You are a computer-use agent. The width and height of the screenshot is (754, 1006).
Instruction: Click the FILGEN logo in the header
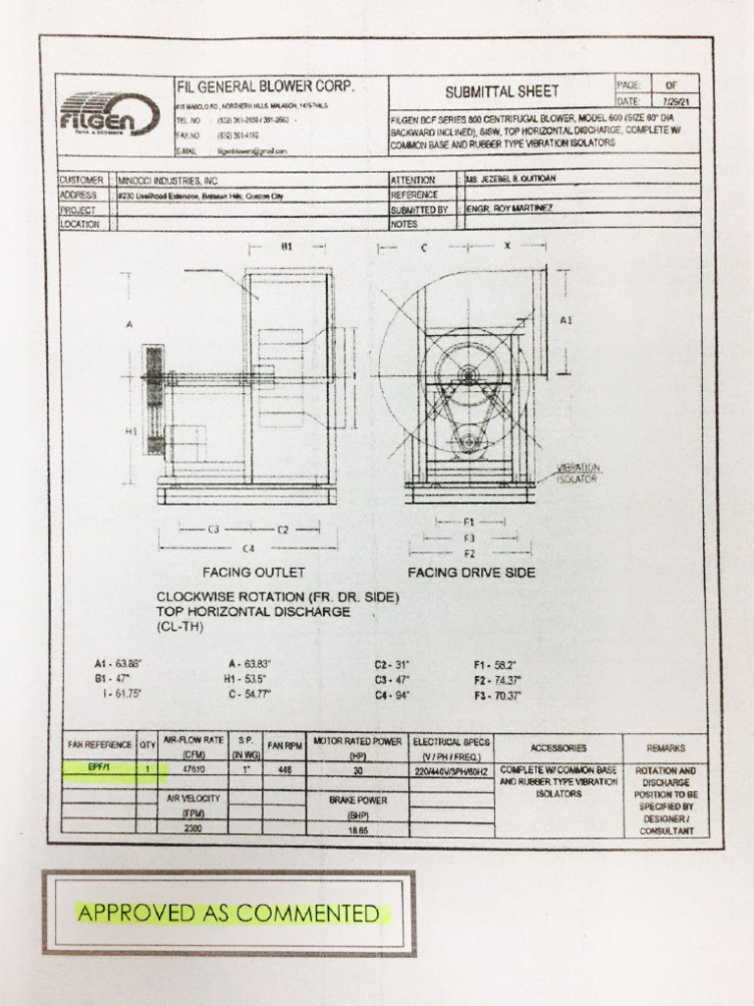(x=108, y=114)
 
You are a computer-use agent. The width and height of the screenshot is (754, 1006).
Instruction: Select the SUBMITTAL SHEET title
(x=501, y=92)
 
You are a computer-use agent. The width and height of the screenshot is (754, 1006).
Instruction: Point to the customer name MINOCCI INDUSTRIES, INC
(x=168, y=182)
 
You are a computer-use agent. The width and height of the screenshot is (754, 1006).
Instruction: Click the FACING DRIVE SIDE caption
(x=471, y=572)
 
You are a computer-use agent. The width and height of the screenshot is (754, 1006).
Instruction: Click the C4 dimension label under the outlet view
(x=249, y=547)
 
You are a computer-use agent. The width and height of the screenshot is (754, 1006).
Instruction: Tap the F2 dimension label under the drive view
(x=469, y=552)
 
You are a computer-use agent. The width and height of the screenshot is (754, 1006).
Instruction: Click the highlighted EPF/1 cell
(x=98, y=769)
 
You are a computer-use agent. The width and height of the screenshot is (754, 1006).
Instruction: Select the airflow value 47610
(x=194, y=769)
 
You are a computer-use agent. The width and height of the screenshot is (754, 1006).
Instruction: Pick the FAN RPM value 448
(x=285, y=770)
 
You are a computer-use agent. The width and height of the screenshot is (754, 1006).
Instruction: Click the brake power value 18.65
(x=356, y=830)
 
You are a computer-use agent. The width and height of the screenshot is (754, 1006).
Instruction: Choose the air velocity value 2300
(x=194, y=829)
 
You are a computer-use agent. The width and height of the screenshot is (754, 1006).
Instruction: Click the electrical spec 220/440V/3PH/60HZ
(x=452, y=770)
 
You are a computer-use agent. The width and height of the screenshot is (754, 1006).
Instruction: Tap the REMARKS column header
(x=667, y=747)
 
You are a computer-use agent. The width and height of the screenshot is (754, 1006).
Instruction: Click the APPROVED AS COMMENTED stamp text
(x=228, y=914)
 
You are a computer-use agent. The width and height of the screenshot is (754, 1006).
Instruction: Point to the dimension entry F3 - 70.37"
(x=497, y=696)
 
